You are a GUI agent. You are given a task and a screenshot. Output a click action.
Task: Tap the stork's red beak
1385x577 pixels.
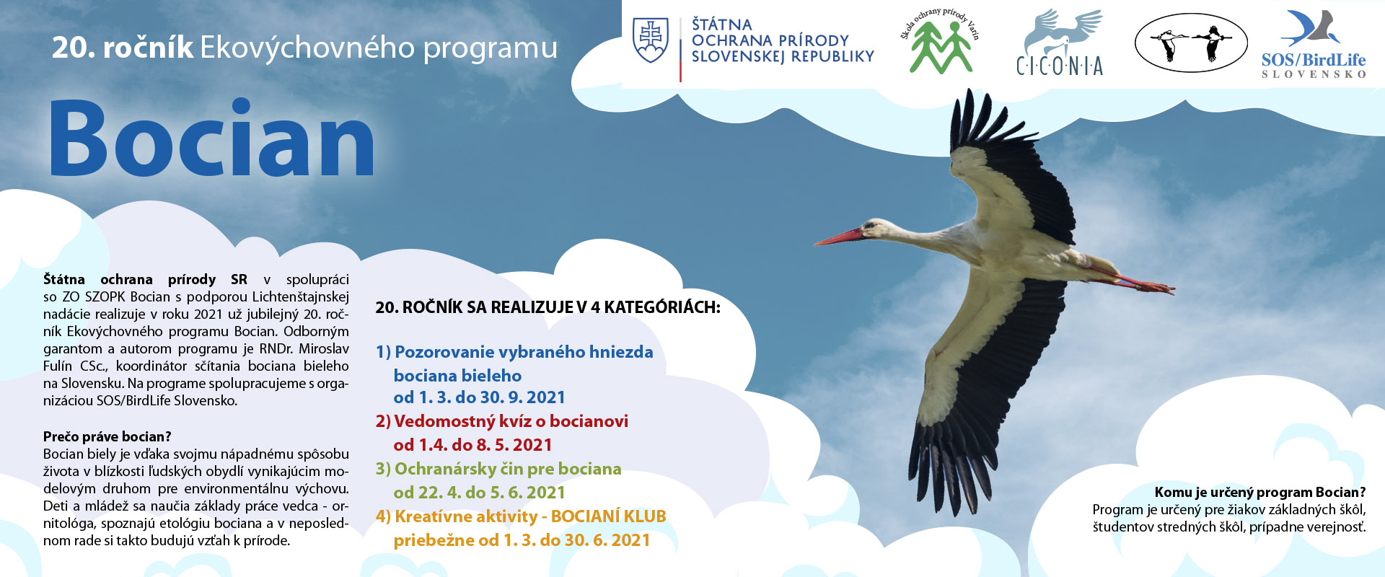point(840,237)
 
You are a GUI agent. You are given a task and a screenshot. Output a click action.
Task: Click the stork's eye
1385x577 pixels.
point(876,227)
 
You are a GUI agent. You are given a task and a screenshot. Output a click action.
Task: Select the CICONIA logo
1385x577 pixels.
point(1060,43)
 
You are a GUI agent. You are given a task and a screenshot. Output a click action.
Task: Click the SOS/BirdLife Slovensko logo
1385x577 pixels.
point(1313,44)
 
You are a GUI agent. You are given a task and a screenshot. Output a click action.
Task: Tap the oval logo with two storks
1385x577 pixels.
point(1191,43)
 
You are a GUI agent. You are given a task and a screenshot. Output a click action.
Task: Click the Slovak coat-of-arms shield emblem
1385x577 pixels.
point(651,40)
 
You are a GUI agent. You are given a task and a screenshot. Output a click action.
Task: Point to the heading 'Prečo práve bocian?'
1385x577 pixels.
point(107,436)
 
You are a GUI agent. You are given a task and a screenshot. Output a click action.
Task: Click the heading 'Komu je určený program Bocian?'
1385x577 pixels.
point(1260,492)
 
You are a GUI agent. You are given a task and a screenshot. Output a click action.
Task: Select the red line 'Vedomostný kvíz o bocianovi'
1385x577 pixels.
point(511,421)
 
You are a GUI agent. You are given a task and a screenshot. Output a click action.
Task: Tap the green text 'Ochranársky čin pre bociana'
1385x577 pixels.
point(508,469)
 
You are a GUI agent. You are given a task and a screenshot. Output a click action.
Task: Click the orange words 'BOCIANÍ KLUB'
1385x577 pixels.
point(608,516)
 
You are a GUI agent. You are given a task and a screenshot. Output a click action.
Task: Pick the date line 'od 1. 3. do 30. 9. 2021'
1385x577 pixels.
point(479,397)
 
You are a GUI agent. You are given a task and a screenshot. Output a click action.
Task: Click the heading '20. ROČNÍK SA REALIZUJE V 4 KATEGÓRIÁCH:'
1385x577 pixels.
point(548,307)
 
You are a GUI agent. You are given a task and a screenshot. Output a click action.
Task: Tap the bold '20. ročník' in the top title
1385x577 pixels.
point(123,48)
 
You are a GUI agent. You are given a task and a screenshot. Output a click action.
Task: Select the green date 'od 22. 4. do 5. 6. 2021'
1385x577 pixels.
point(479,493)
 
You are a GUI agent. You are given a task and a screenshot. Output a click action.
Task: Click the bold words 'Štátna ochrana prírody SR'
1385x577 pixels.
point(145,279)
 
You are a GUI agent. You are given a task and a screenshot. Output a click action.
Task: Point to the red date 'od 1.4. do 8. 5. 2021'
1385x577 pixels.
point(472,445)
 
